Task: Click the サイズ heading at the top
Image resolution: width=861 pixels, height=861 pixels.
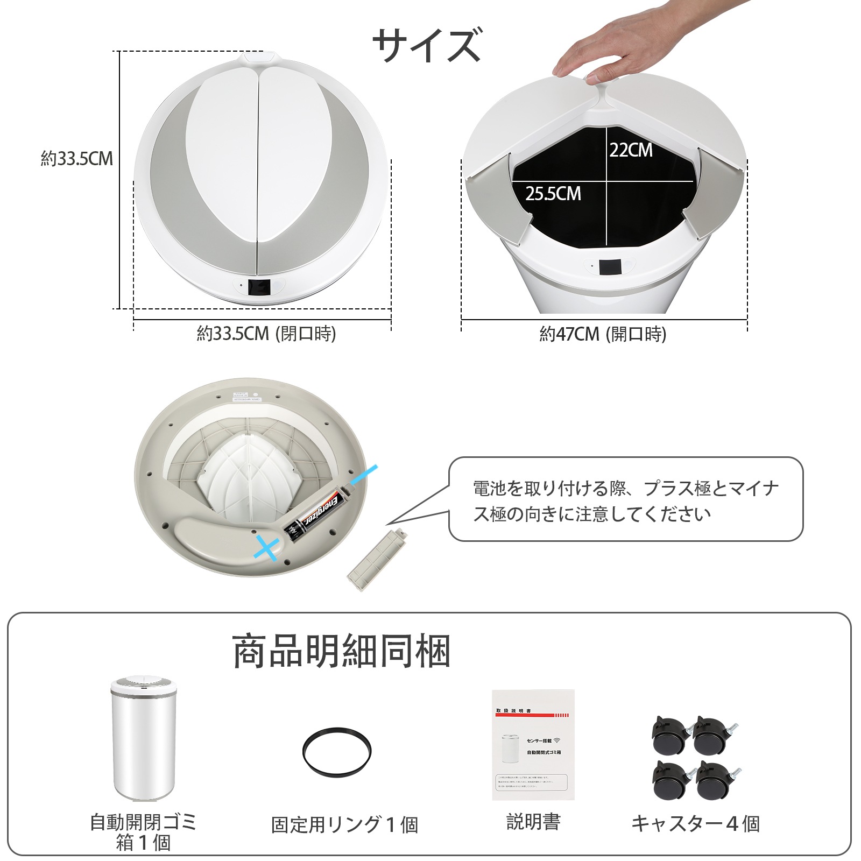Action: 426,45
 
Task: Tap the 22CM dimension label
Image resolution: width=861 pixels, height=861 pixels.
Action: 631,150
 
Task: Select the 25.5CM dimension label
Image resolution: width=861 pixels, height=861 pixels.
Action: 553,194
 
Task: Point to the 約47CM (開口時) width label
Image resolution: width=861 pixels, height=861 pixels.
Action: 603,334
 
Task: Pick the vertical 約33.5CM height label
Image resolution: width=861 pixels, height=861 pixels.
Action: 77,159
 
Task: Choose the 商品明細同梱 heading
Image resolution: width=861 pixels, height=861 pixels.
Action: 341,652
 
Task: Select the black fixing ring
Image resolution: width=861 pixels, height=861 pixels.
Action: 337,752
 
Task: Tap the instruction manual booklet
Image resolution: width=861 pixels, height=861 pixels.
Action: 533,745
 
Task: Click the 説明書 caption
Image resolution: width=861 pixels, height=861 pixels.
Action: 533,822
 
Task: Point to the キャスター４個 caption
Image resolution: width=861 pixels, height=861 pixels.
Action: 695,823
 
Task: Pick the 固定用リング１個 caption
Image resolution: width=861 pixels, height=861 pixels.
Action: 344,824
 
